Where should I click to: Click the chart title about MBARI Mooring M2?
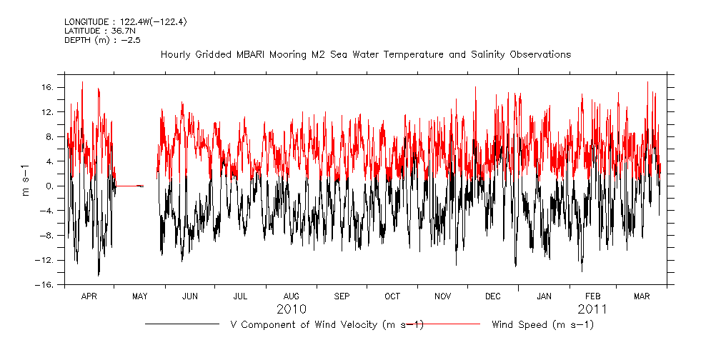pos(365,54)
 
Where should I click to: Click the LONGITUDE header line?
pos(125,21)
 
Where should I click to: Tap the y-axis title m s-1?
pos(26,179)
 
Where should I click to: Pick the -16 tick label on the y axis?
pos(46,285)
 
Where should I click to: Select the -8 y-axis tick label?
pos(49,236)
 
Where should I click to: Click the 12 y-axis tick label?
pos(49,112)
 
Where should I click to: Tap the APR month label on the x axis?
pos(89,296)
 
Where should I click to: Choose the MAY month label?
pos(140,296)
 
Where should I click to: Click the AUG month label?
pos(292,296)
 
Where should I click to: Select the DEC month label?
pos(493,296)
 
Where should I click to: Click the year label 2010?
pos(292,309)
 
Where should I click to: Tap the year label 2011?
pos(593,309)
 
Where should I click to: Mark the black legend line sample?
pos(182,324)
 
